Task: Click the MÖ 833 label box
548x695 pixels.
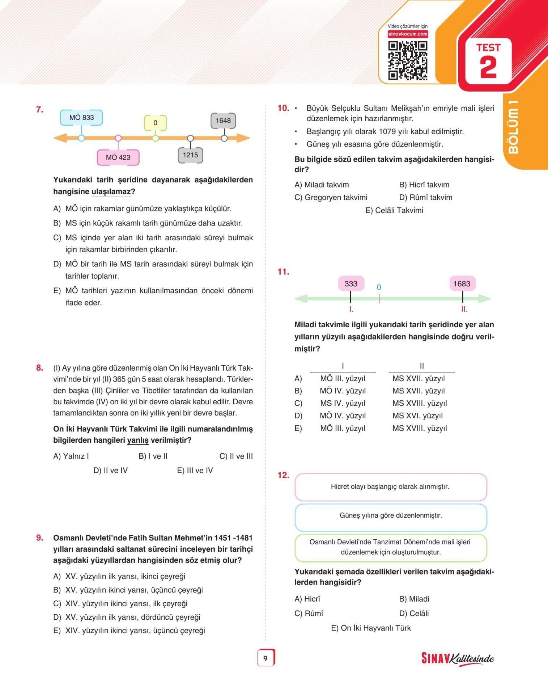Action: click(81, 118)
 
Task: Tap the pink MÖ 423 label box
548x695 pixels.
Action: click(118, 157)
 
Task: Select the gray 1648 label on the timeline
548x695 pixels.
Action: click(223, 121)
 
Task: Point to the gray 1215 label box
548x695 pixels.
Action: click(190, 155)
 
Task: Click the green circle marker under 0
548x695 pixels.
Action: click(155, 138)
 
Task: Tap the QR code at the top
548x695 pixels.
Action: click(408, 60)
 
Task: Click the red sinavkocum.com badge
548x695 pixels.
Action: click(408, 34)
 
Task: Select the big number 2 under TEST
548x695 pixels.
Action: click(488, 67)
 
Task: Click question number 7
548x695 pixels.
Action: click(39, 110)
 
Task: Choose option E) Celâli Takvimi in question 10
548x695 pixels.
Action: click(394, 211)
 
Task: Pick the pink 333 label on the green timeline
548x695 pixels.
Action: click(351, 284)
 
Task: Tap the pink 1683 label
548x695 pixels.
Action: click(462, 284)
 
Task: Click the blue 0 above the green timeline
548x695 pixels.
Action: click(379, 287)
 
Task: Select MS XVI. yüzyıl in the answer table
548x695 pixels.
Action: click(417, 416)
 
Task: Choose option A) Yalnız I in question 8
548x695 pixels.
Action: click(71, 456)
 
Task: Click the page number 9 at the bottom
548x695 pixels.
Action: click(265, 658)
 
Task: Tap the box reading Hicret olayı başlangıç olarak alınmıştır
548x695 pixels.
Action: click(390, 487)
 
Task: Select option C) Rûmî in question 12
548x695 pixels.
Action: click(309, 614)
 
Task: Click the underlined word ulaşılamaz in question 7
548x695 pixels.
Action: click(111, 192)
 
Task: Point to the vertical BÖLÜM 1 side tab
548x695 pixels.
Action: click(513, 127)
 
